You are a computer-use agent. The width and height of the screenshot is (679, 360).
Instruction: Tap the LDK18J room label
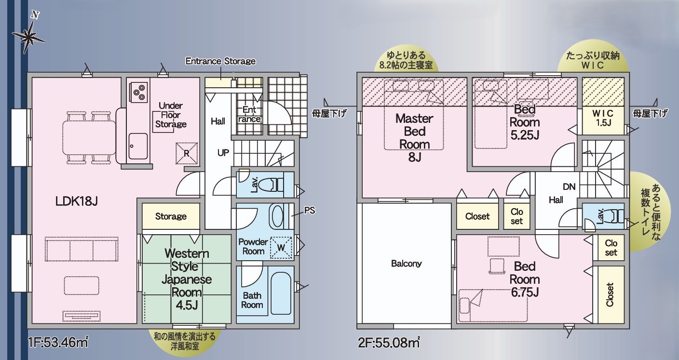tap(76, 201)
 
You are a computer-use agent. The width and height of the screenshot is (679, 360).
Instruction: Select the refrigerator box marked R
tap(187, 153)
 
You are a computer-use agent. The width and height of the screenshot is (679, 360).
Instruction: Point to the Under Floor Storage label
tap(171, 115)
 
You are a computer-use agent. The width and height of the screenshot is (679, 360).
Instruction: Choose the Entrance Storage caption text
tap(220, 61)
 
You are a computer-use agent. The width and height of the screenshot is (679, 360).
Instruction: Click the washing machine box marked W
tap(281, 247)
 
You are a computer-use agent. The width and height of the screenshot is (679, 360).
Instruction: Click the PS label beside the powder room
tap(310, 210)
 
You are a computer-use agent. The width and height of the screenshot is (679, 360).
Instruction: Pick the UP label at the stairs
tap(223, 153)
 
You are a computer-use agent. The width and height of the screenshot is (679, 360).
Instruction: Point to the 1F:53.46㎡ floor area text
tap(58, 343)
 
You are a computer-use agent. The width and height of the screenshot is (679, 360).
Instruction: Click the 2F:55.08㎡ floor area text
tap(389, 343)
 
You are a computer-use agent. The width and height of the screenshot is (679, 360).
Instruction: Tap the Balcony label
tap(406, 263)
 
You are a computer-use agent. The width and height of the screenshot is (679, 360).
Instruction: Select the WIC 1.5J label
tap(603, 118)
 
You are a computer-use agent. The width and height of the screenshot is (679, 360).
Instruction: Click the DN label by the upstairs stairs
tap(569, 187)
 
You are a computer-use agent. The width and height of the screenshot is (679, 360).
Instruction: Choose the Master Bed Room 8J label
tap(414, 137)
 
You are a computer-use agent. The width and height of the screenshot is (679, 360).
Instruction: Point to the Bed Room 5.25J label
tap(525, 122)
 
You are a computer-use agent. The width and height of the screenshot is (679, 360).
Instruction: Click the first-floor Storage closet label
tap(171, 216)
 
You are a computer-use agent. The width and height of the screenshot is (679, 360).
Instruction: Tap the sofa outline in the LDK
tap(81, 249)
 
